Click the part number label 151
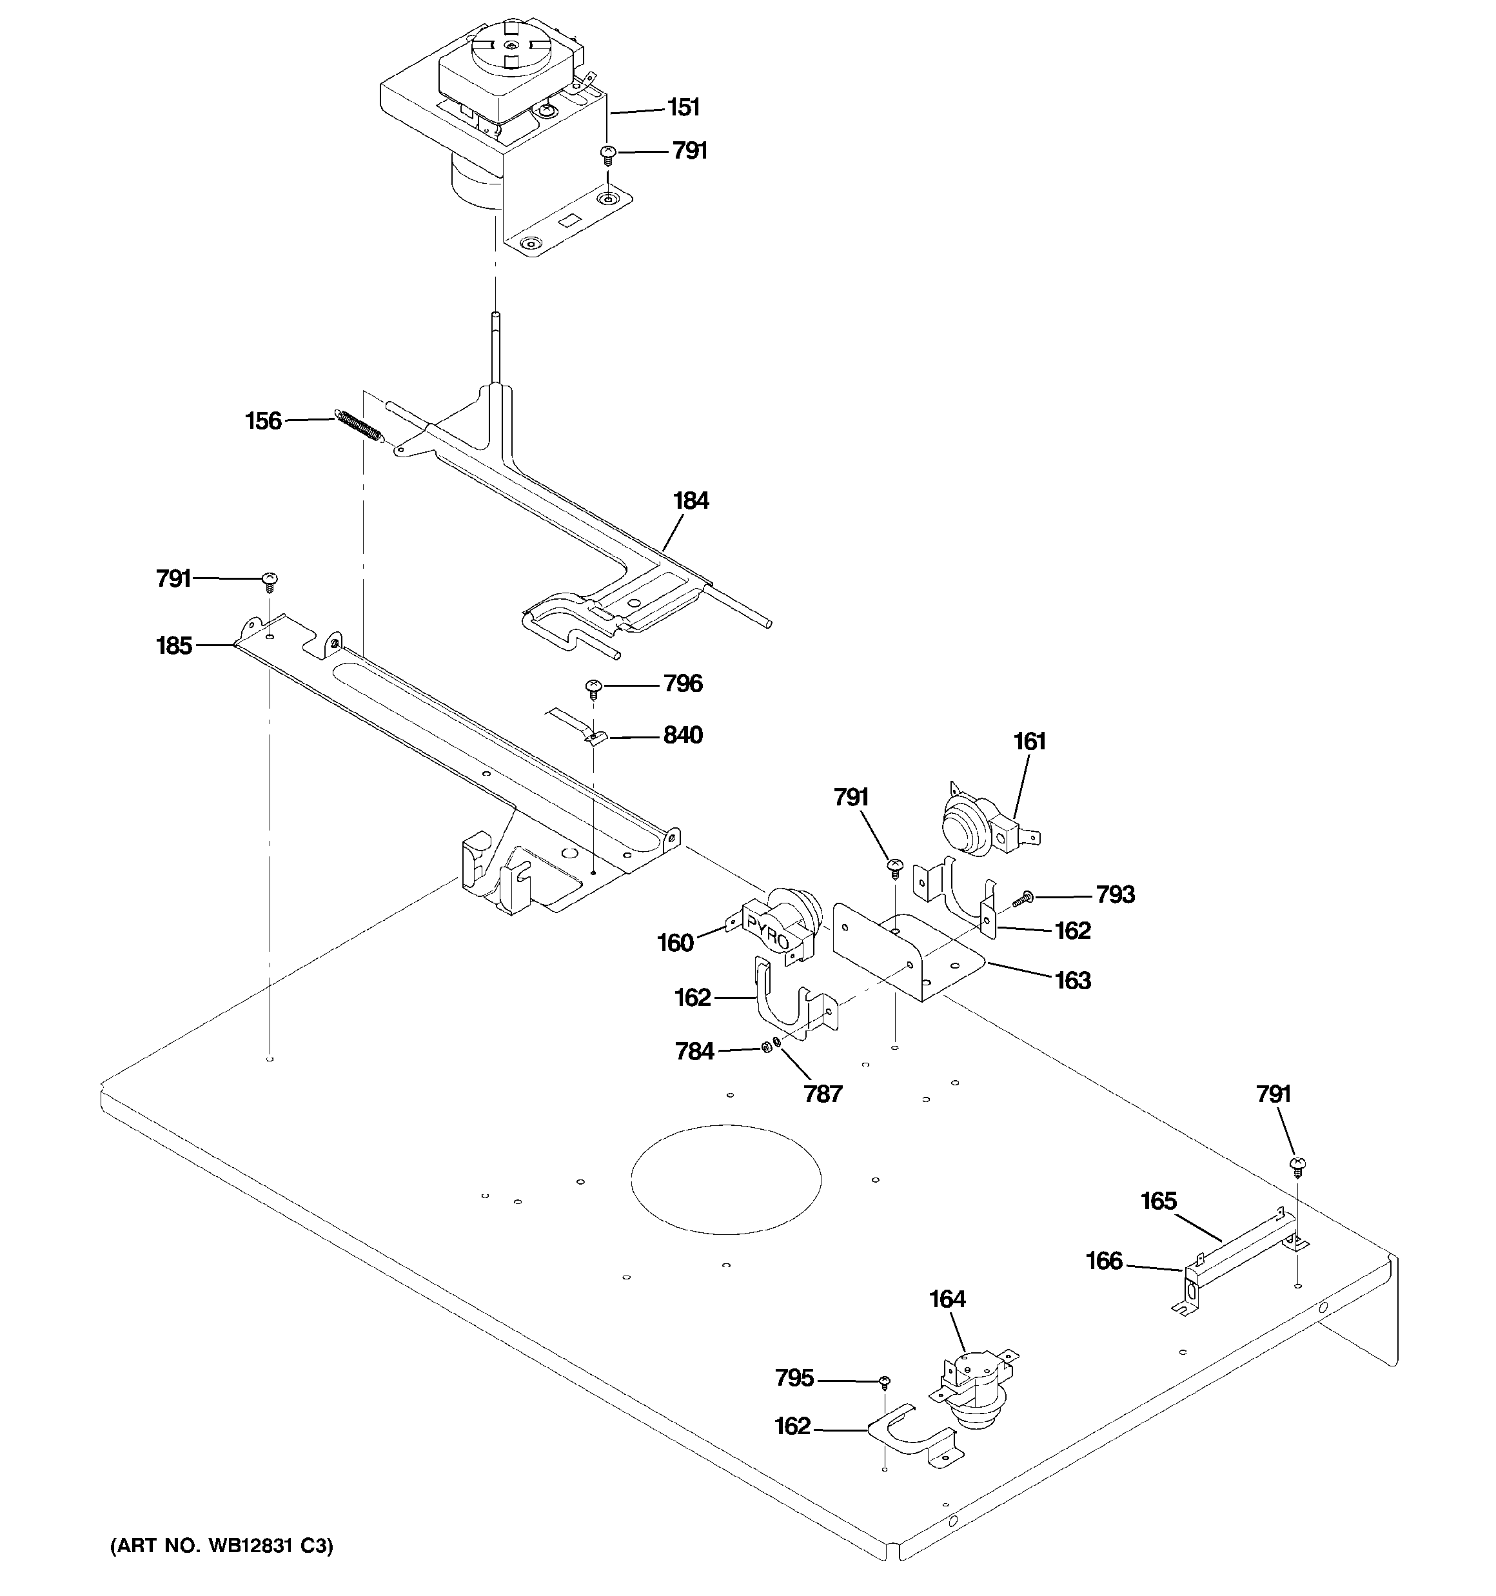(684, 108)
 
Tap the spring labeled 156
(357, 426)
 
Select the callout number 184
(691, 501)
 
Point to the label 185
(174, 645)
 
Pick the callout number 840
(683, 735)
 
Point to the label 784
(694, 1051)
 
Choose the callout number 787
(823, 1094)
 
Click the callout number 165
(1159, 1201)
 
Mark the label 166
(1104, 1261)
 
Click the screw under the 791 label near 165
(1296, 1165)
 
